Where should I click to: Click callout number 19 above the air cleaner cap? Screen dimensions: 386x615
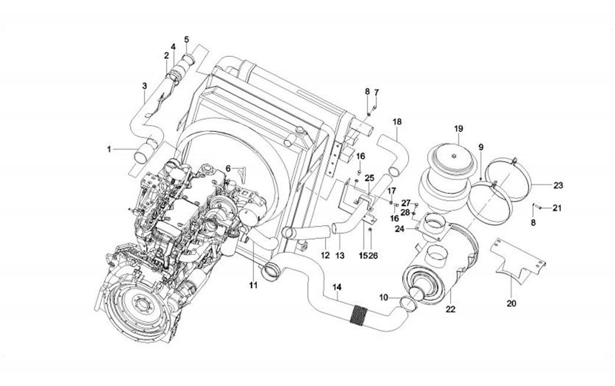(x=459, y=128)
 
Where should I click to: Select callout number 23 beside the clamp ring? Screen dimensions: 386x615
(x=558, y=185)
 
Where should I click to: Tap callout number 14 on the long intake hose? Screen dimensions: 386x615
(x=337, y=287)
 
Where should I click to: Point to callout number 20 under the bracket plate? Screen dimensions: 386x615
(x=511, y=303)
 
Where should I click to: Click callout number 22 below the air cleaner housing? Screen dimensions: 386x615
(x=451, y=308)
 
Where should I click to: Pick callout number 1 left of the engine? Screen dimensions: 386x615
(x=109, y=150)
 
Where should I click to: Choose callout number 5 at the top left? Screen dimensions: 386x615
(x=186, y=39)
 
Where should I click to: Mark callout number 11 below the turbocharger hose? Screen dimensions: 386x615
(x=253, y=285)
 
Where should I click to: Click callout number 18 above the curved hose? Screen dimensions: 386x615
(x=397, y=121)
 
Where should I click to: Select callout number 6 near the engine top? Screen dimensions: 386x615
(x=228, y=168)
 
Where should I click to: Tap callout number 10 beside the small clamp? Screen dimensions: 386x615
(x=383, y=298)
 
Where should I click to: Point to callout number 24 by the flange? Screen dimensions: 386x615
(x=399, y=229)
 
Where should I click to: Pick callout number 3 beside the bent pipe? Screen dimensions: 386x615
(x=144, y=86)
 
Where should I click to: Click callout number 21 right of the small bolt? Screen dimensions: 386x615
(x=557, y=207)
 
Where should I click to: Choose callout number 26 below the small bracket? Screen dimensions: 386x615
(x=373, y=255)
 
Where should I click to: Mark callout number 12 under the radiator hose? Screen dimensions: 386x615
(x=325, y=255)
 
